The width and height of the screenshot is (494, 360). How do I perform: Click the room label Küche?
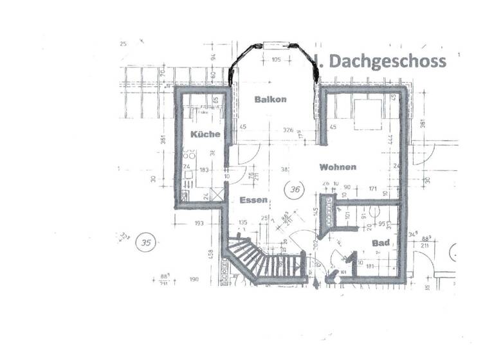(x=205, y=134)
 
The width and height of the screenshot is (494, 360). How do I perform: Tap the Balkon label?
(x=270, y=99)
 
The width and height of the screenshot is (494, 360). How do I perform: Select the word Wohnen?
(x=338, y=167)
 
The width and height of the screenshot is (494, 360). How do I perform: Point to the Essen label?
(x=253, y=201)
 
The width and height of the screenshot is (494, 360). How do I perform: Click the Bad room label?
(x=381, y=243)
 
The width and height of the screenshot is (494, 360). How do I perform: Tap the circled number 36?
(x=296, y=190)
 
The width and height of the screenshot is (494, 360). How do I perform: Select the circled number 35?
(x=147, y=243)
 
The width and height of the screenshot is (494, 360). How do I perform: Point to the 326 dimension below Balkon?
(x=288, y=130)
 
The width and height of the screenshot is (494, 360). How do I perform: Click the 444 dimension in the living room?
(x=390, y=138)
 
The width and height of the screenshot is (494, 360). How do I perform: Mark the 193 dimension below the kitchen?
(x=198, y=223)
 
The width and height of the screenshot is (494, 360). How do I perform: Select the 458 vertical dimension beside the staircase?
(x=210, y=255)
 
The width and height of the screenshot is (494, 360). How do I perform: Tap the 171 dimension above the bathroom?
(x=372, y=189)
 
